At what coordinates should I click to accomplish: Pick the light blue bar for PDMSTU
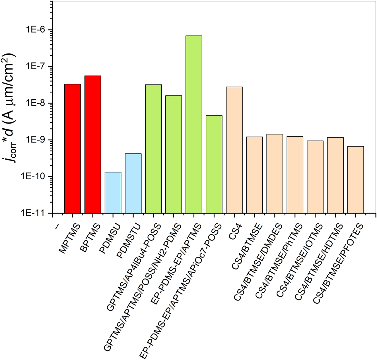[x=133, y=183]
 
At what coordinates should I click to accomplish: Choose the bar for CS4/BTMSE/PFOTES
[x=355, y=180]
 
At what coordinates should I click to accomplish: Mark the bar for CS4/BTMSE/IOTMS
[x=315, y=177]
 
